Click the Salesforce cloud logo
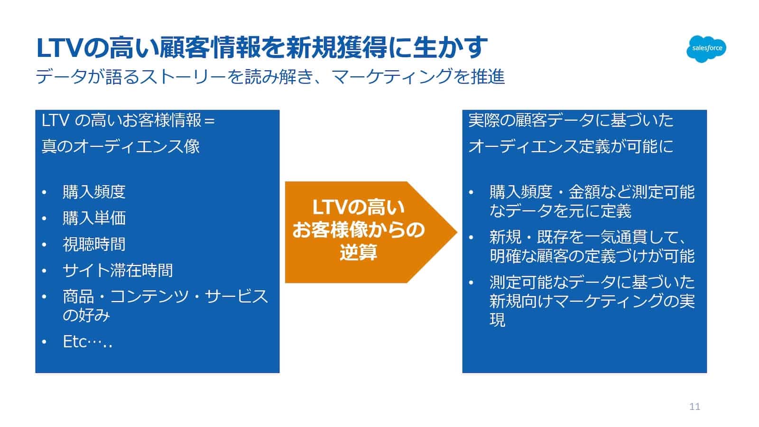click(706, 48)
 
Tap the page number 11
click(694, 407)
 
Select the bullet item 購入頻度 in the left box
click(94, 192)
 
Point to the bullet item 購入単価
click(94, 218)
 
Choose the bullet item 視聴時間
click(94, 244)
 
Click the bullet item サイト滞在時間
click(118, 270)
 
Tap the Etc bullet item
click(87, 342)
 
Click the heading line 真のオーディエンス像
click(120, 146)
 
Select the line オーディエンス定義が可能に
click(571, 146)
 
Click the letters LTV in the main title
click(60, 47)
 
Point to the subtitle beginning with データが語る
click(270, 76)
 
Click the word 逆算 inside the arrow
click(358, 252)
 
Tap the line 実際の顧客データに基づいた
click(571, 120)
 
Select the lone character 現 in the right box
click(498, 320)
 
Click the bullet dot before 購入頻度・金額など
click(471, 193)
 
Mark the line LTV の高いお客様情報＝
click(128, 120)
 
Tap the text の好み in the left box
click(86, 316)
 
